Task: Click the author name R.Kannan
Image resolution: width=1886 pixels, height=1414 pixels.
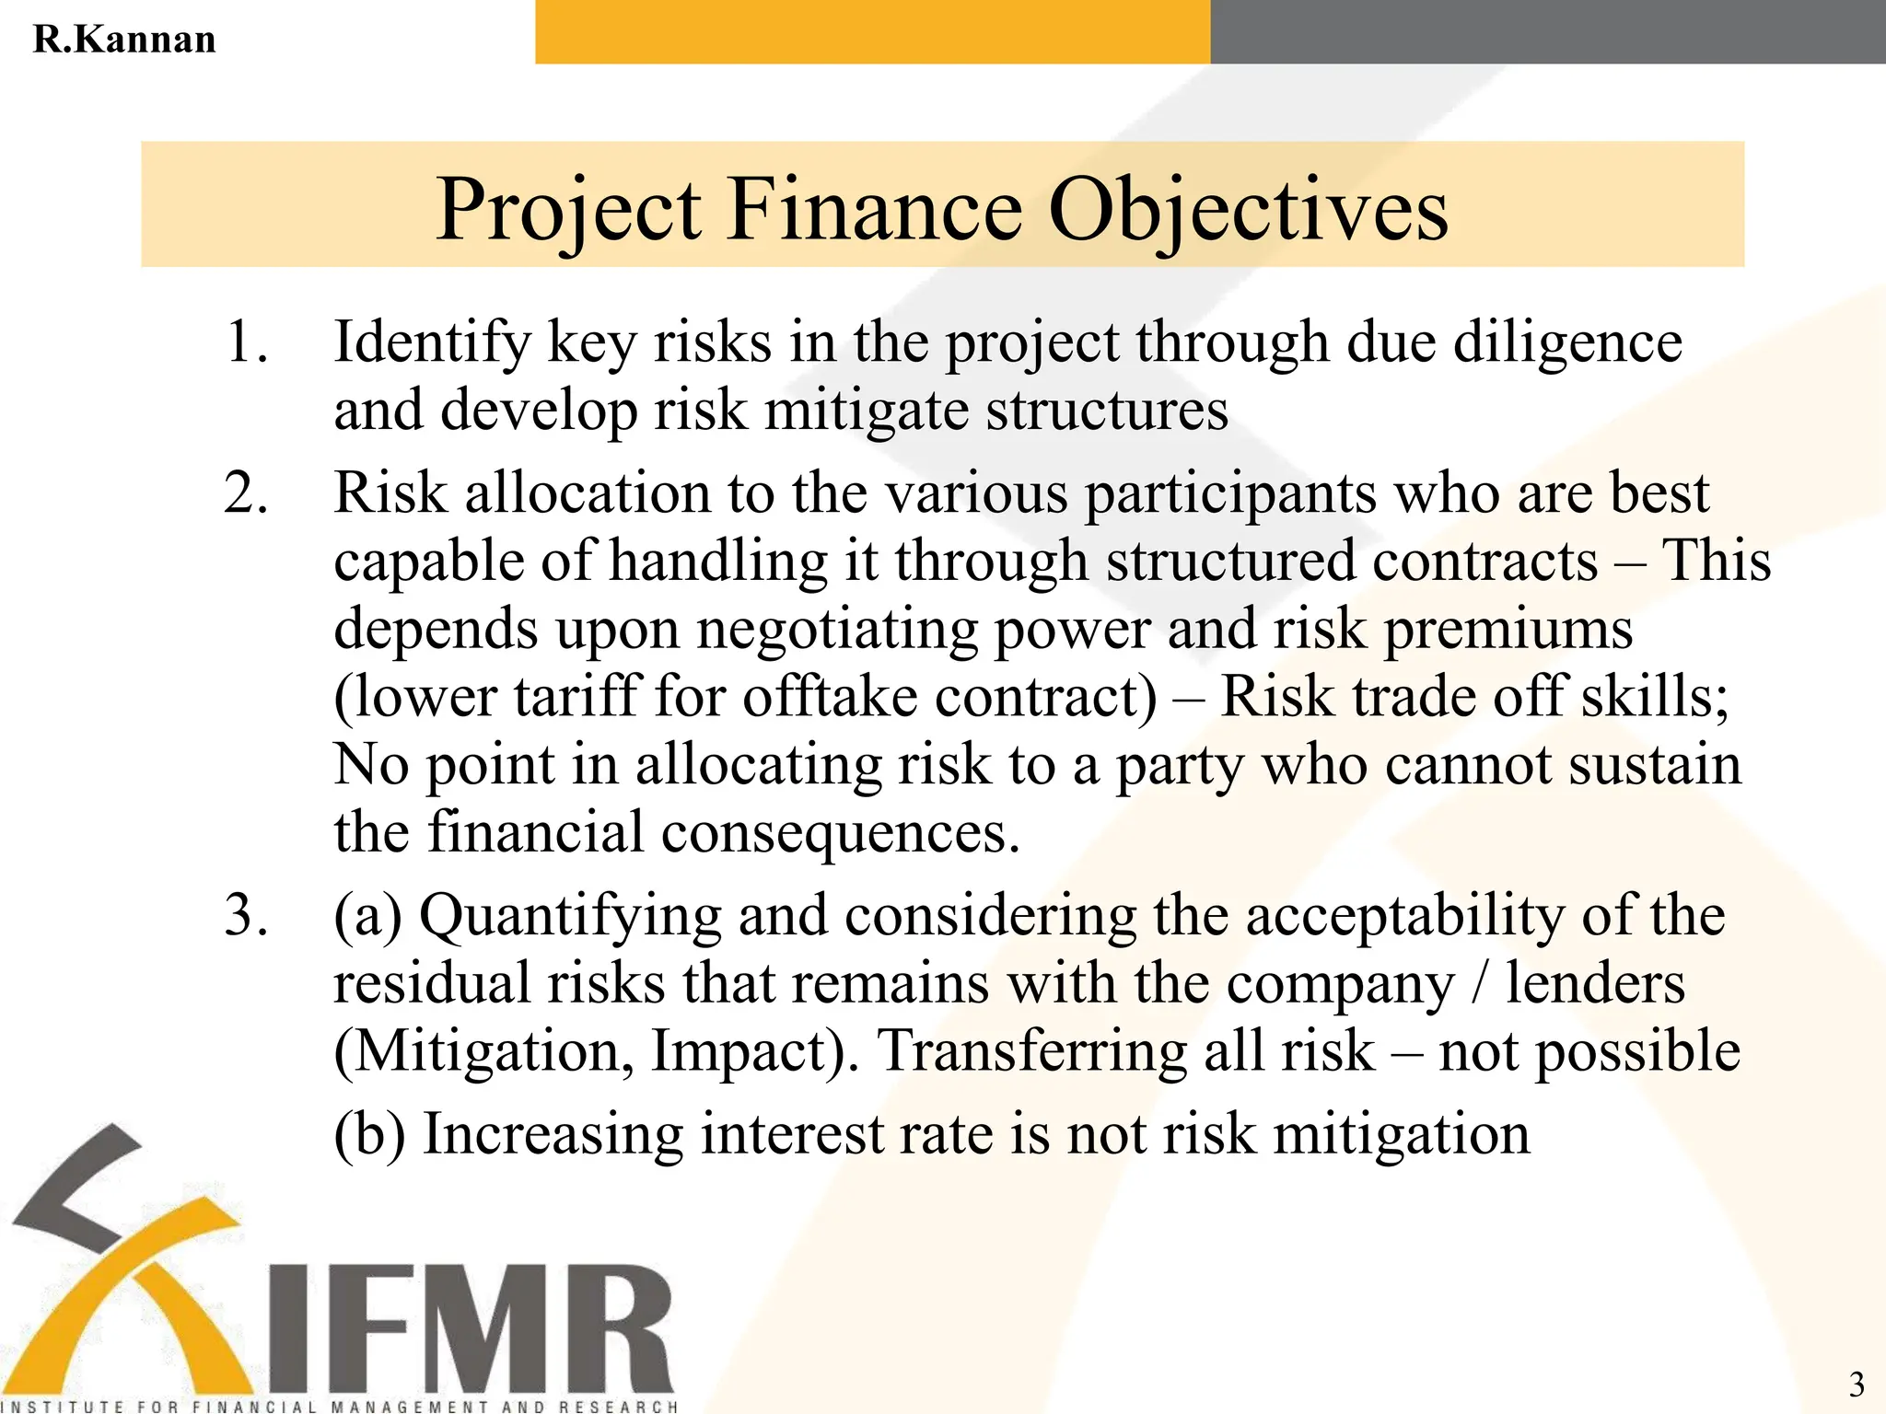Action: pyautogui.click(x=124, y=40)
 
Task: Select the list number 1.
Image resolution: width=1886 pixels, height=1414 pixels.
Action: pyautogui.click(x=246, y=342)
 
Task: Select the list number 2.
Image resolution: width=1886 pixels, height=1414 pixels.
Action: pyautogui.click(x=246, y=493)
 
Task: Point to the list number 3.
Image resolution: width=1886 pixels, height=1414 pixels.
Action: pyautogui.click(x=246, y=917)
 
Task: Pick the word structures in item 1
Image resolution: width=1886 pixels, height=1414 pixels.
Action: pyautogui.click(x=1107, y=411)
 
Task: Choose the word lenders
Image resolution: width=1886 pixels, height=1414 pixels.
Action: pyautogui.click(x=1595, y=983)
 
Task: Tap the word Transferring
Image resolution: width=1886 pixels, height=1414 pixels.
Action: pyautogui.click(x=1031, y=1051)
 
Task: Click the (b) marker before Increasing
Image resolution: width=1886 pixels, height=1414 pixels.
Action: pyautogui.click(x=369, y=1134)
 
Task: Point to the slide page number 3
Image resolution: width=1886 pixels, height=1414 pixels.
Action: pyautogui.click(x=1857, y=1385)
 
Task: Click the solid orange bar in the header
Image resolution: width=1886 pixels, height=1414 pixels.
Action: pyautogui.click(x=871, y=32)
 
